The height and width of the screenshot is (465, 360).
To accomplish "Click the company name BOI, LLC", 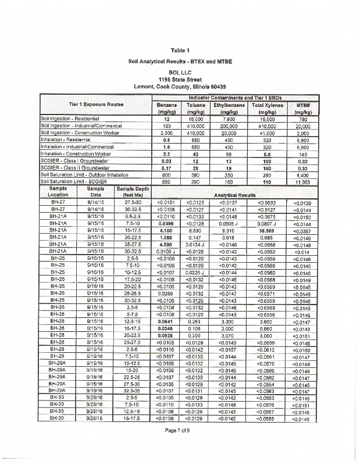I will [180, 70].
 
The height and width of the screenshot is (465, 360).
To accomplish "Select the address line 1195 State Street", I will [180, 78].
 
